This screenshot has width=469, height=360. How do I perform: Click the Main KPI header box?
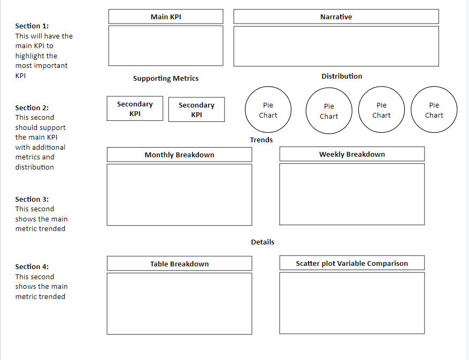pyautogui.click(x=166, y=17)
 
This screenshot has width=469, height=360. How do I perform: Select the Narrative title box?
pyautogui.click(x=336, y=17)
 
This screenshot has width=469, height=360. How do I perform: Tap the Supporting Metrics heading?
pyautogui.click(x=166, y=79)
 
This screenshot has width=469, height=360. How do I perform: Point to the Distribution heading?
pyautogui.click(x=342, y=76)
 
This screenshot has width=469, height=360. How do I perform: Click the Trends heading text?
pyautogui.click(x=261, y=140)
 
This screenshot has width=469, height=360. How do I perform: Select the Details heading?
pyautogui.click(x=263, y=242)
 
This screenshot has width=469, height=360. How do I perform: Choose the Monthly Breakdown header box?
pyautogui.click(x=179, y=155)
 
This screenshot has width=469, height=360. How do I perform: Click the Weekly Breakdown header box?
pyautogui.click(x=352, y=154)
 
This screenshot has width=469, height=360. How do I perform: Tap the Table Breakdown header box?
pyautogui.click(x=179, y=264)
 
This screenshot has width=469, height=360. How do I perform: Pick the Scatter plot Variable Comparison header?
pyautogui.click(x=352, y=263)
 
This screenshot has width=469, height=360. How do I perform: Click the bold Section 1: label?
pyautogui.click(x=32, y=26)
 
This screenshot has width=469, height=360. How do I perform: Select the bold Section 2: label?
pyautogui.click(x=32, y=108)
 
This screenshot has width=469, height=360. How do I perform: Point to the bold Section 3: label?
pyautogui.click(x=32, y=200)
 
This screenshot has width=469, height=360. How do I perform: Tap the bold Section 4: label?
pyautogui.click(x=32, y=267)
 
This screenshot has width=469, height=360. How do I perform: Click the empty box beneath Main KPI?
pyautogui.click(x=166, y=46)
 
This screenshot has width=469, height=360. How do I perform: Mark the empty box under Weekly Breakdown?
pyautogui.click(x=352, y=194)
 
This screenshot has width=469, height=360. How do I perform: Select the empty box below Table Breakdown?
pyautogui.click(x=179, y=304)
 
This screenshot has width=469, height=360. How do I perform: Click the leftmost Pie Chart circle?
pyautogui.click(x=268, y=110)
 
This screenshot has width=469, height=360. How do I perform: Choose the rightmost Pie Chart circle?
pyautogui.click(x=434, y=110)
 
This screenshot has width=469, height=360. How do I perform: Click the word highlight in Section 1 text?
pyautogui.click(x=36, y=56)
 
